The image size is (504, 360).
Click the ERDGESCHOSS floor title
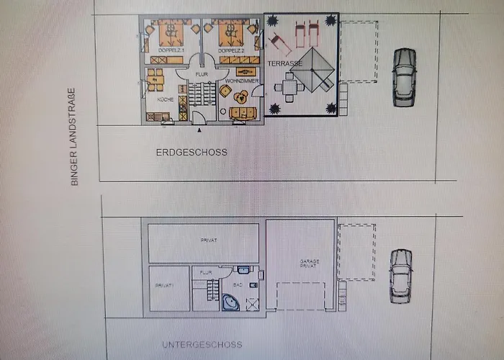pos(192,153)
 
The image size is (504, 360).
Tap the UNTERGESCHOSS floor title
pos(202,345)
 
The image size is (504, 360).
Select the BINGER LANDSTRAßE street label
pos(73,138)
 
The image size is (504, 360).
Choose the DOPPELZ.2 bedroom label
pos(230,51)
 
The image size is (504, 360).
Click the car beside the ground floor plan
pos(405,78)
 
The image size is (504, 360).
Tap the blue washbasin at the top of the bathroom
pos(243,271)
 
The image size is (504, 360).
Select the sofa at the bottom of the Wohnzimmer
pos(239,112)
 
